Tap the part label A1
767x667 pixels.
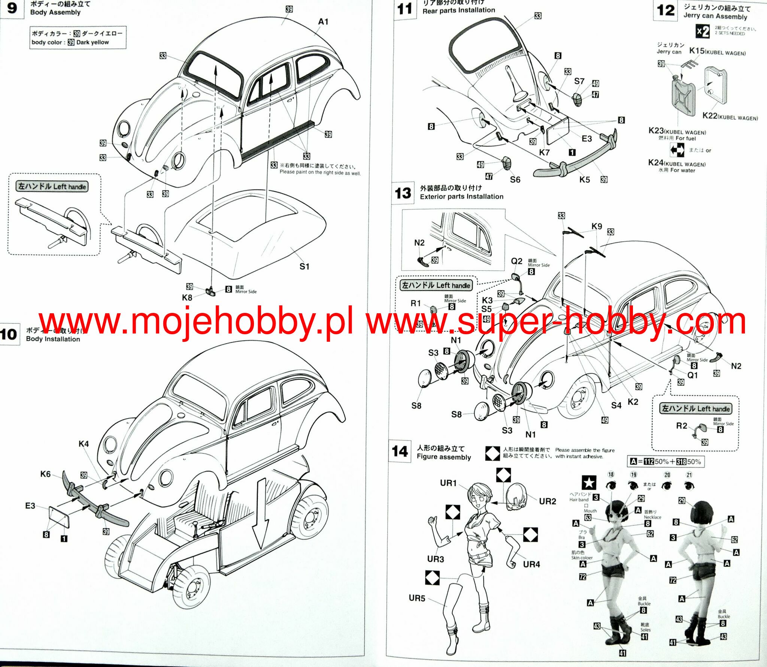point(323,22)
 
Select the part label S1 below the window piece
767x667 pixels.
point(304,266)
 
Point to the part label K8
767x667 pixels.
point(187,298)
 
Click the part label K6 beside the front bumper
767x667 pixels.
point(45,474)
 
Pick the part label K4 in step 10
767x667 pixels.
point(84,444)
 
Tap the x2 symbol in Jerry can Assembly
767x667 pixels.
point(703,31)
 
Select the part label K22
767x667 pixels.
point(710,116)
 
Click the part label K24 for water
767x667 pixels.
point(656,163)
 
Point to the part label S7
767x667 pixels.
point(579,81)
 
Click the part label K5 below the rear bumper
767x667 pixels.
point(584,179)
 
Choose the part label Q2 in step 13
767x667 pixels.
point(516,261)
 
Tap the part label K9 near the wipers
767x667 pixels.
point(597,226)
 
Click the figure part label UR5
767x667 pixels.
point(416,598)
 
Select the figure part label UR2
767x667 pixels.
point(547,501)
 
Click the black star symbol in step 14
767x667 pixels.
point(589,483)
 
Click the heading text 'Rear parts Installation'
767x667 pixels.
point(458,10)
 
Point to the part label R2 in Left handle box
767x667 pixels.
point(682,426)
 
